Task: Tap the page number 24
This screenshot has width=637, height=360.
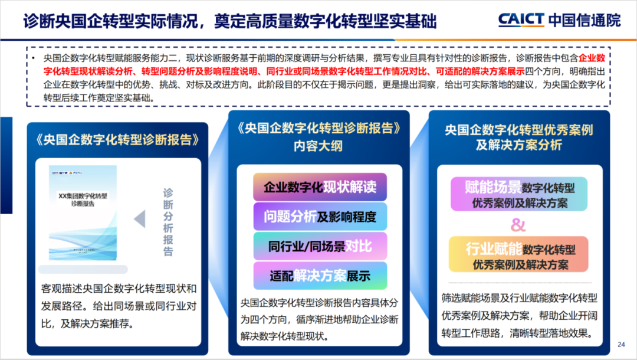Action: [620, 344]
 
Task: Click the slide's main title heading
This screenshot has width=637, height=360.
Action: [230, 22]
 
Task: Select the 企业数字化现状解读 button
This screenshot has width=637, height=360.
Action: [320, 188]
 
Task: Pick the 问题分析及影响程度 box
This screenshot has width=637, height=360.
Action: [320, 217]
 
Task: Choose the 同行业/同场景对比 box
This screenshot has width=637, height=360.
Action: [320, 246]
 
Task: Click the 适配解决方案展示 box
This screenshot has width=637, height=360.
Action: [320, 275]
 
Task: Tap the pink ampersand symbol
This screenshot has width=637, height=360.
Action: [518, 225]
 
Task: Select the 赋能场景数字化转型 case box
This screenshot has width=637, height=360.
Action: [520, 195]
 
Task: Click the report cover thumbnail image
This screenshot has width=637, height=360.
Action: [83, 213]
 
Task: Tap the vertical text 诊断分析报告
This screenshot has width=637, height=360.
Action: [168, 222]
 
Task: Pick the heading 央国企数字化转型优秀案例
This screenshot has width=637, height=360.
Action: [519, 130]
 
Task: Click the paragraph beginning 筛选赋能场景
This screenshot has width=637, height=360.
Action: [519, 315]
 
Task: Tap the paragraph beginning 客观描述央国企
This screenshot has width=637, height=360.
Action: [118, 306]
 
